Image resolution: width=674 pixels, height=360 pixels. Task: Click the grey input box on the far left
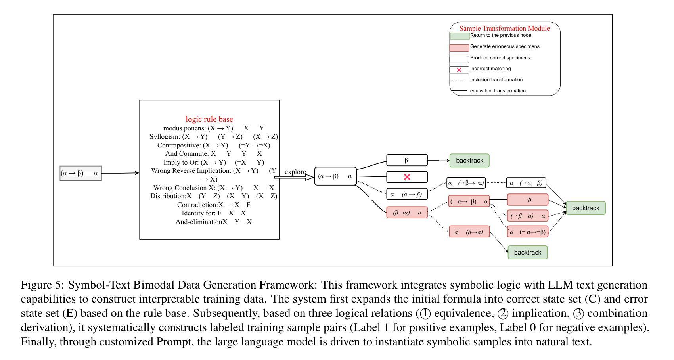click(80, 173)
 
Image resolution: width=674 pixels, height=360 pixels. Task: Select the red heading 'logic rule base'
click(209, 119)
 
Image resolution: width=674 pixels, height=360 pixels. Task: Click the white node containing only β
click(407, 160)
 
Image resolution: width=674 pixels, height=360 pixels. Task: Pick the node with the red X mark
click(407, 177)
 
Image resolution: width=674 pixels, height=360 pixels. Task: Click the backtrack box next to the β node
click(469, 161)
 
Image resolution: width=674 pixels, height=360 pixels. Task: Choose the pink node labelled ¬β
click(528, 199)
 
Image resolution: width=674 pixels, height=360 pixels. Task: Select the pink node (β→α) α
click(407, 213)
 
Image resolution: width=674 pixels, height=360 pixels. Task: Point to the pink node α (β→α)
click(469, 232)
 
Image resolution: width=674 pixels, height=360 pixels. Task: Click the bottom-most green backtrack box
click(527, 253)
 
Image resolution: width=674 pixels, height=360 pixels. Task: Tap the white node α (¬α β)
click(526, 183)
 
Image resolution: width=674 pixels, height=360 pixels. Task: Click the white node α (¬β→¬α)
click(466, 183)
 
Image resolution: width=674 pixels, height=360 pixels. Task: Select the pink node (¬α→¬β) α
click(469, 201)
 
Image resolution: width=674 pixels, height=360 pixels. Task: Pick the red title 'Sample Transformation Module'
click(504, 28)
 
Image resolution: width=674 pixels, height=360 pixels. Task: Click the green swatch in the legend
click(460, 36)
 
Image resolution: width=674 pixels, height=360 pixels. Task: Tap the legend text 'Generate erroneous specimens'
click(504, 46)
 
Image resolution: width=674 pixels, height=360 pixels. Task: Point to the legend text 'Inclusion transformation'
click(496, 80)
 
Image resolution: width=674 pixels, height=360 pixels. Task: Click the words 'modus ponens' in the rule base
click(184, 128)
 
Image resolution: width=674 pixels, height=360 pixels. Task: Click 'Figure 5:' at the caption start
click(43, 285)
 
